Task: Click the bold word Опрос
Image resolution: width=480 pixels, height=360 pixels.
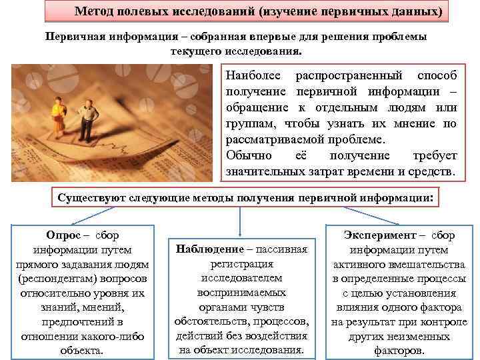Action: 63,235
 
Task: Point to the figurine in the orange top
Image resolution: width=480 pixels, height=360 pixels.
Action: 58,113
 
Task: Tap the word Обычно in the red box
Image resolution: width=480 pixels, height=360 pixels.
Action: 249,155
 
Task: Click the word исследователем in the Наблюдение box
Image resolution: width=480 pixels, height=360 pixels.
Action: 241,277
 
